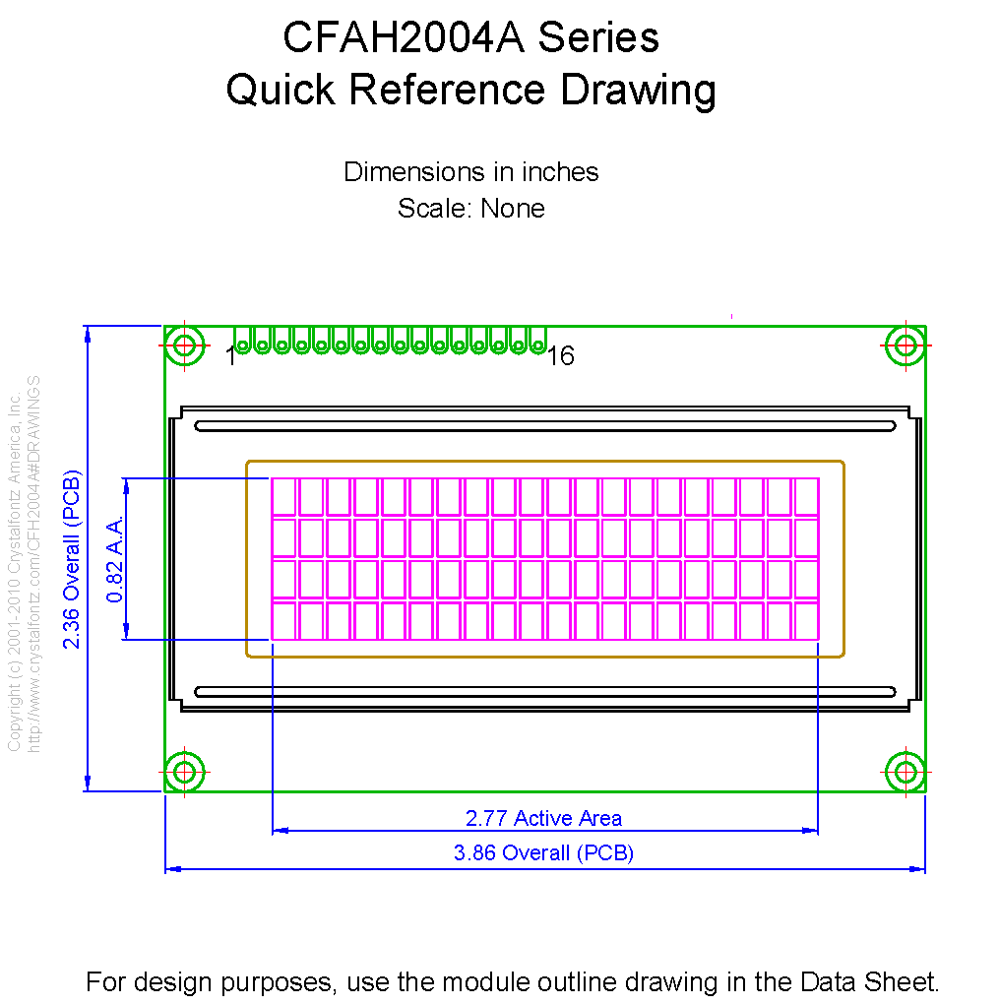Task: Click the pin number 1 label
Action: (230, 356)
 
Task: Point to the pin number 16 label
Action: (561, 356)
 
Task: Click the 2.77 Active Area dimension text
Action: (543, 819)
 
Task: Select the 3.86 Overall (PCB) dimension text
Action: (543, 853)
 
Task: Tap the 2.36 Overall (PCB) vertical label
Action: (72, 559)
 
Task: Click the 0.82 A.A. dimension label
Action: (115, 559)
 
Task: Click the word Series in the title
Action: (598, 37)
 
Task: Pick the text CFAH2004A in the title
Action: (404, 37)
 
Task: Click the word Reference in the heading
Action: (447, 90)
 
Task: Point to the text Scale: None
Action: (471, 209)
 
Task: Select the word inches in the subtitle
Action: (560, 172)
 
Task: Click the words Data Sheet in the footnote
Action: (869, 982)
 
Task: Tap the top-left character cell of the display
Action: (283, 497)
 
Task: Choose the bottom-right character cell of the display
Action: (807, 620)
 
